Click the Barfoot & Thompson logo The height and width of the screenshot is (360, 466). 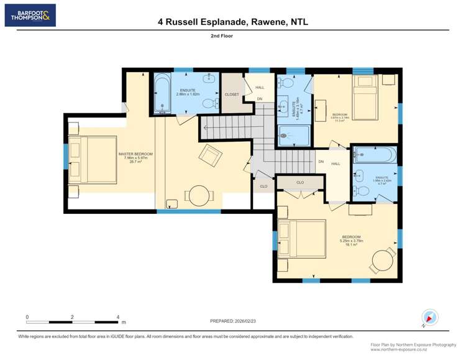pos(30,15)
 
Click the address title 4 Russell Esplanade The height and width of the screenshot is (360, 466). pos(233,22)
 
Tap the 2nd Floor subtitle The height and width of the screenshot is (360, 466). pos(233,36)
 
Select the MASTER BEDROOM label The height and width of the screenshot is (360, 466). pos(135,154)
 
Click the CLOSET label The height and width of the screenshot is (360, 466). pos(232,95)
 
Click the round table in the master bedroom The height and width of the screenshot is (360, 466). pos(199,196)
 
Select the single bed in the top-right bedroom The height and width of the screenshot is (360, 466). pos(365,98)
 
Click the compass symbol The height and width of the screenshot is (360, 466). pos(429,316)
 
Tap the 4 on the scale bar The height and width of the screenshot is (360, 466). pos(118,317)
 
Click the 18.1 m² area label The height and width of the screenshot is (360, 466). pos(351,244)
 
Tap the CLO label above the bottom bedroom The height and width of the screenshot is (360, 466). pos(300,183)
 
